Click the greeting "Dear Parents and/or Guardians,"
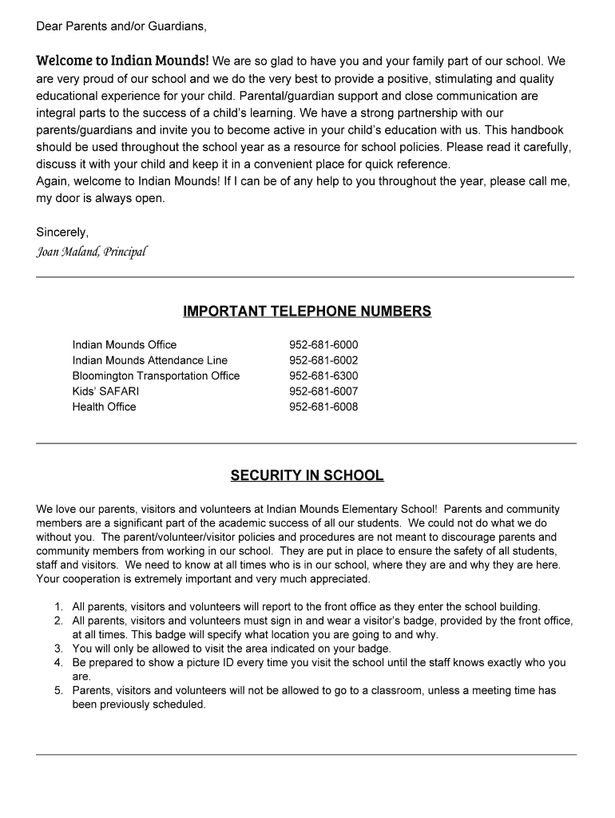click(121, 26)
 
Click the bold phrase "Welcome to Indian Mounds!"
click(122, 61)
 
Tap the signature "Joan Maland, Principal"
click(92, 252)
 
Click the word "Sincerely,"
click(62, 232)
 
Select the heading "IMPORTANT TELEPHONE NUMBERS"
click(307, 312)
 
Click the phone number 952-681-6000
click(323, 345)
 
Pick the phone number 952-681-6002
click(323, 360)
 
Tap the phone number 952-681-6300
click(323, 375)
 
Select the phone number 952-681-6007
click(323, 391)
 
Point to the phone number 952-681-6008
click(323, 407)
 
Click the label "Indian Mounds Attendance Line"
click(150, 360)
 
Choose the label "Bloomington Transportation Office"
click(156, 375)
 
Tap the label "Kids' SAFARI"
click(105, 391)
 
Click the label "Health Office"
click(104, 407)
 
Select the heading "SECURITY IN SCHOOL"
click(307, 476)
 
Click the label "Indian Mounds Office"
click(125, 345)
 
